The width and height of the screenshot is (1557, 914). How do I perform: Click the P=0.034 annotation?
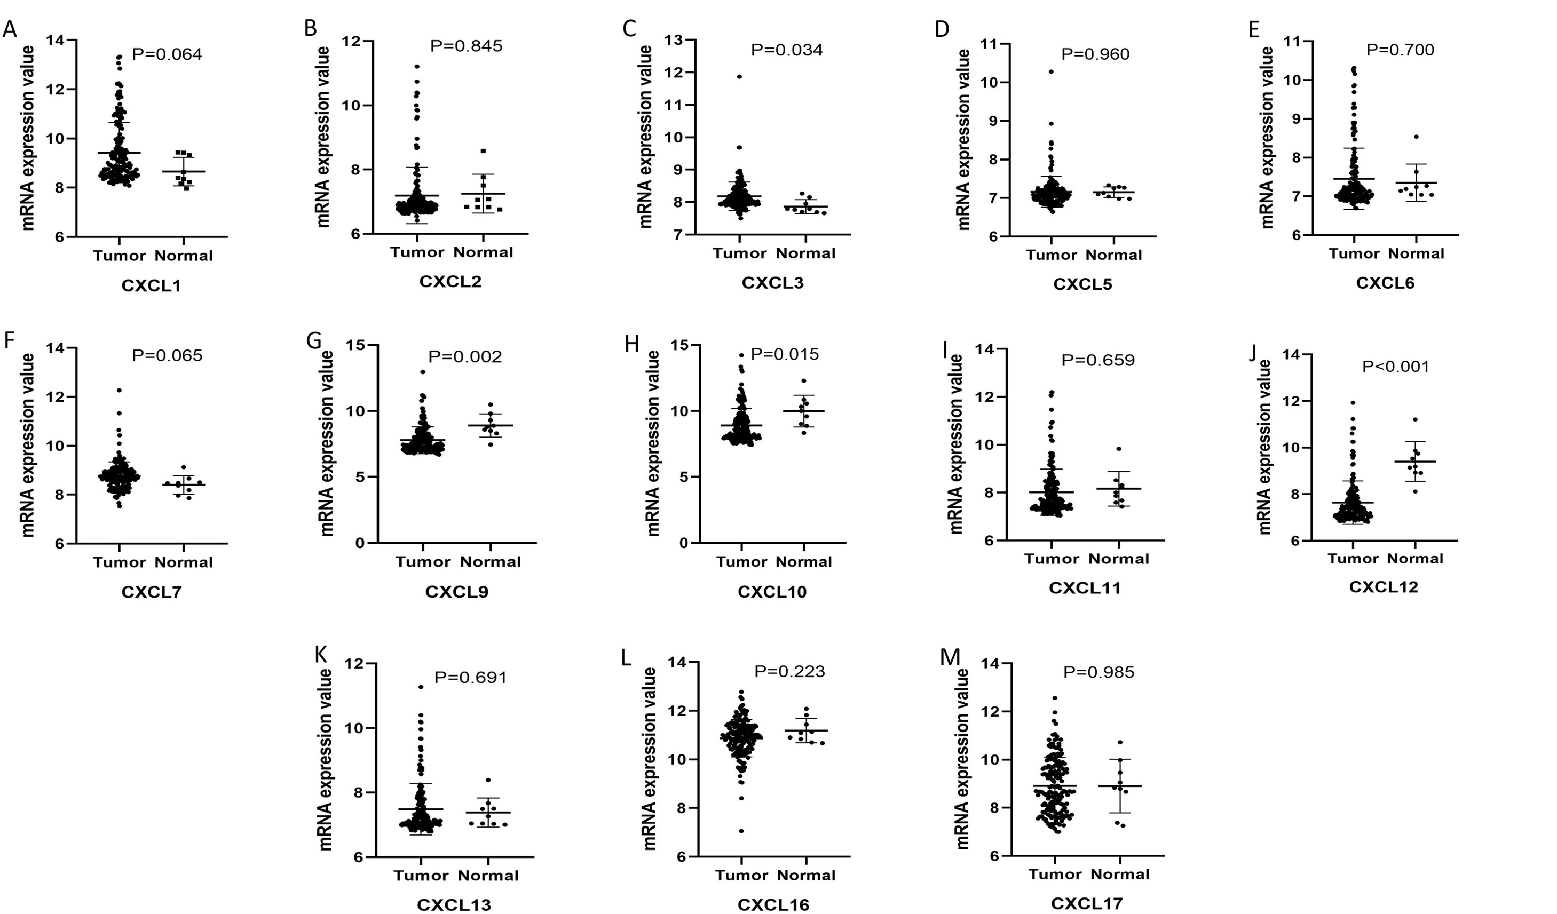point(787,50)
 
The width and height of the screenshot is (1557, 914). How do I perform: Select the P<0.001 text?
point(1396,367)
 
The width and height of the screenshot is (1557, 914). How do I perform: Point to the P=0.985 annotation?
point(1098,672)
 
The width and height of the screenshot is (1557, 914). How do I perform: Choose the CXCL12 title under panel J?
point(1384,587)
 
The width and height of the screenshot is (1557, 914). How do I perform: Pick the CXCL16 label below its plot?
point(773,905)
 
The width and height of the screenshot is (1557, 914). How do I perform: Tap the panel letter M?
point(949,658)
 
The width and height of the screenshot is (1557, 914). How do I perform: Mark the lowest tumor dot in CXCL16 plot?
point(741,831)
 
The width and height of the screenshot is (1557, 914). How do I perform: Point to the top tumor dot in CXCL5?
point(1051,71)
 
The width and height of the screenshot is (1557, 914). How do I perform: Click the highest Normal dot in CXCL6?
point(1416,137)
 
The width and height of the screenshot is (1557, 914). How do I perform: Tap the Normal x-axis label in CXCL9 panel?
point(491,562)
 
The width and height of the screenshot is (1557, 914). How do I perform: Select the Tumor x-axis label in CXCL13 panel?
point(421,876)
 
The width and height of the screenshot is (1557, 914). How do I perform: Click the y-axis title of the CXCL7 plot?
point(27,444)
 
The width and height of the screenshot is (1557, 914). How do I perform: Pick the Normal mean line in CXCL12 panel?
point(1415,462)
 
